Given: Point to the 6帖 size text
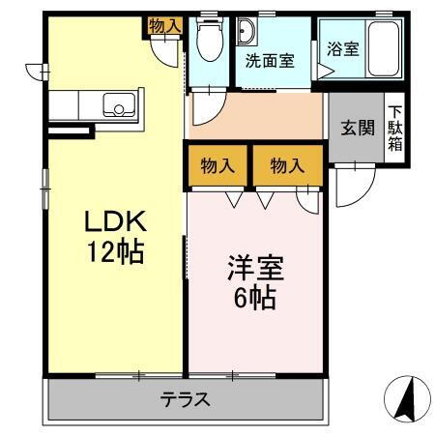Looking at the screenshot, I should [x=253, y=297].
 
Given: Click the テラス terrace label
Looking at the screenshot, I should [x=185, y=398].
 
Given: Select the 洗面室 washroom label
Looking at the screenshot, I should [x=270, y=60].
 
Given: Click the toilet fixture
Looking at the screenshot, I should [x=207, y=39].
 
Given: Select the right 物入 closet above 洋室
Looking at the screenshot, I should [x=287, y=165].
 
